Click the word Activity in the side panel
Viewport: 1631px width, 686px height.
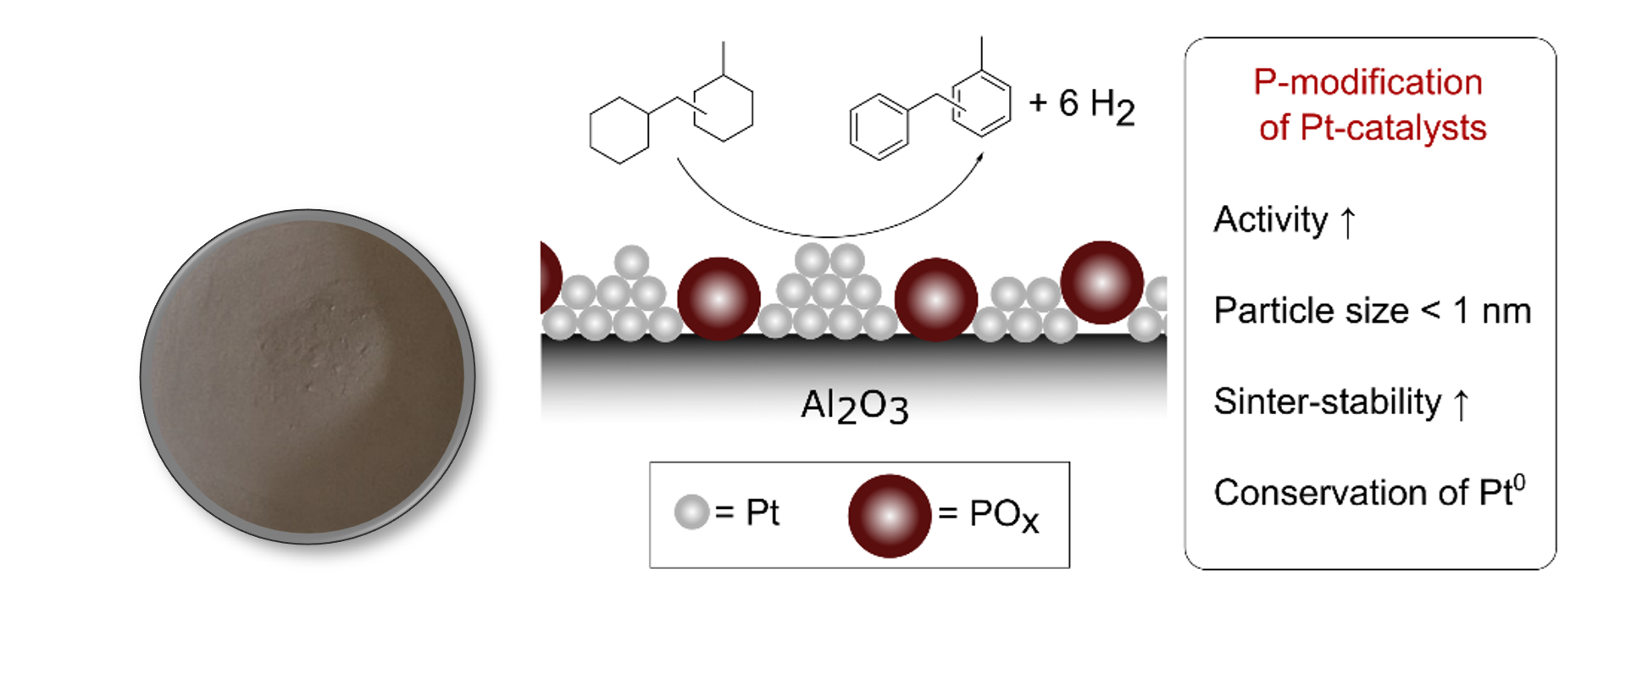pyautogui.click(x=1270, y=220)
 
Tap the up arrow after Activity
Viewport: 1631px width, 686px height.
pyautogui.click(x=1348, y=222)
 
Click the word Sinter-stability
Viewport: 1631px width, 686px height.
pyautogui.click(x=1327, y=401)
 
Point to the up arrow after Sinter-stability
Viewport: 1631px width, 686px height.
pyautogui.click(x=1461, y=403)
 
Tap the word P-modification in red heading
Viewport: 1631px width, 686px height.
pyautogui.click(x=1367, y=83)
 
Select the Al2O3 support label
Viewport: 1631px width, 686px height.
pyautogui.click(x=854, y=407)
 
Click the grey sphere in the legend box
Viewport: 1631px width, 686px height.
pyautogui.click(x=691, y=512)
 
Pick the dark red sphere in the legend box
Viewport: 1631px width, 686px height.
pyautogui.click(x=890, y=516)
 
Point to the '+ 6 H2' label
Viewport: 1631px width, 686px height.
pyautogui.click(x=1081, y=105)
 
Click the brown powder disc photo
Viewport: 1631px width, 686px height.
pyautogui.click(x=308, y=377)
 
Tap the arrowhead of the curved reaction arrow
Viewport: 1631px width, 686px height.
pyautogui.click(x=980, y=157)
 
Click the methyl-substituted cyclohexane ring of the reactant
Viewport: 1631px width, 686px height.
pyautogui.click(x=723, y=108)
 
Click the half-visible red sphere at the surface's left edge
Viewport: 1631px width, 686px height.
pyautogui.click(x=550, y=278)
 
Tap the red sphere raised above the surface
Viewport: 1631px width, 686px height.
pyautogui.click(x=1101, y=282)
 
